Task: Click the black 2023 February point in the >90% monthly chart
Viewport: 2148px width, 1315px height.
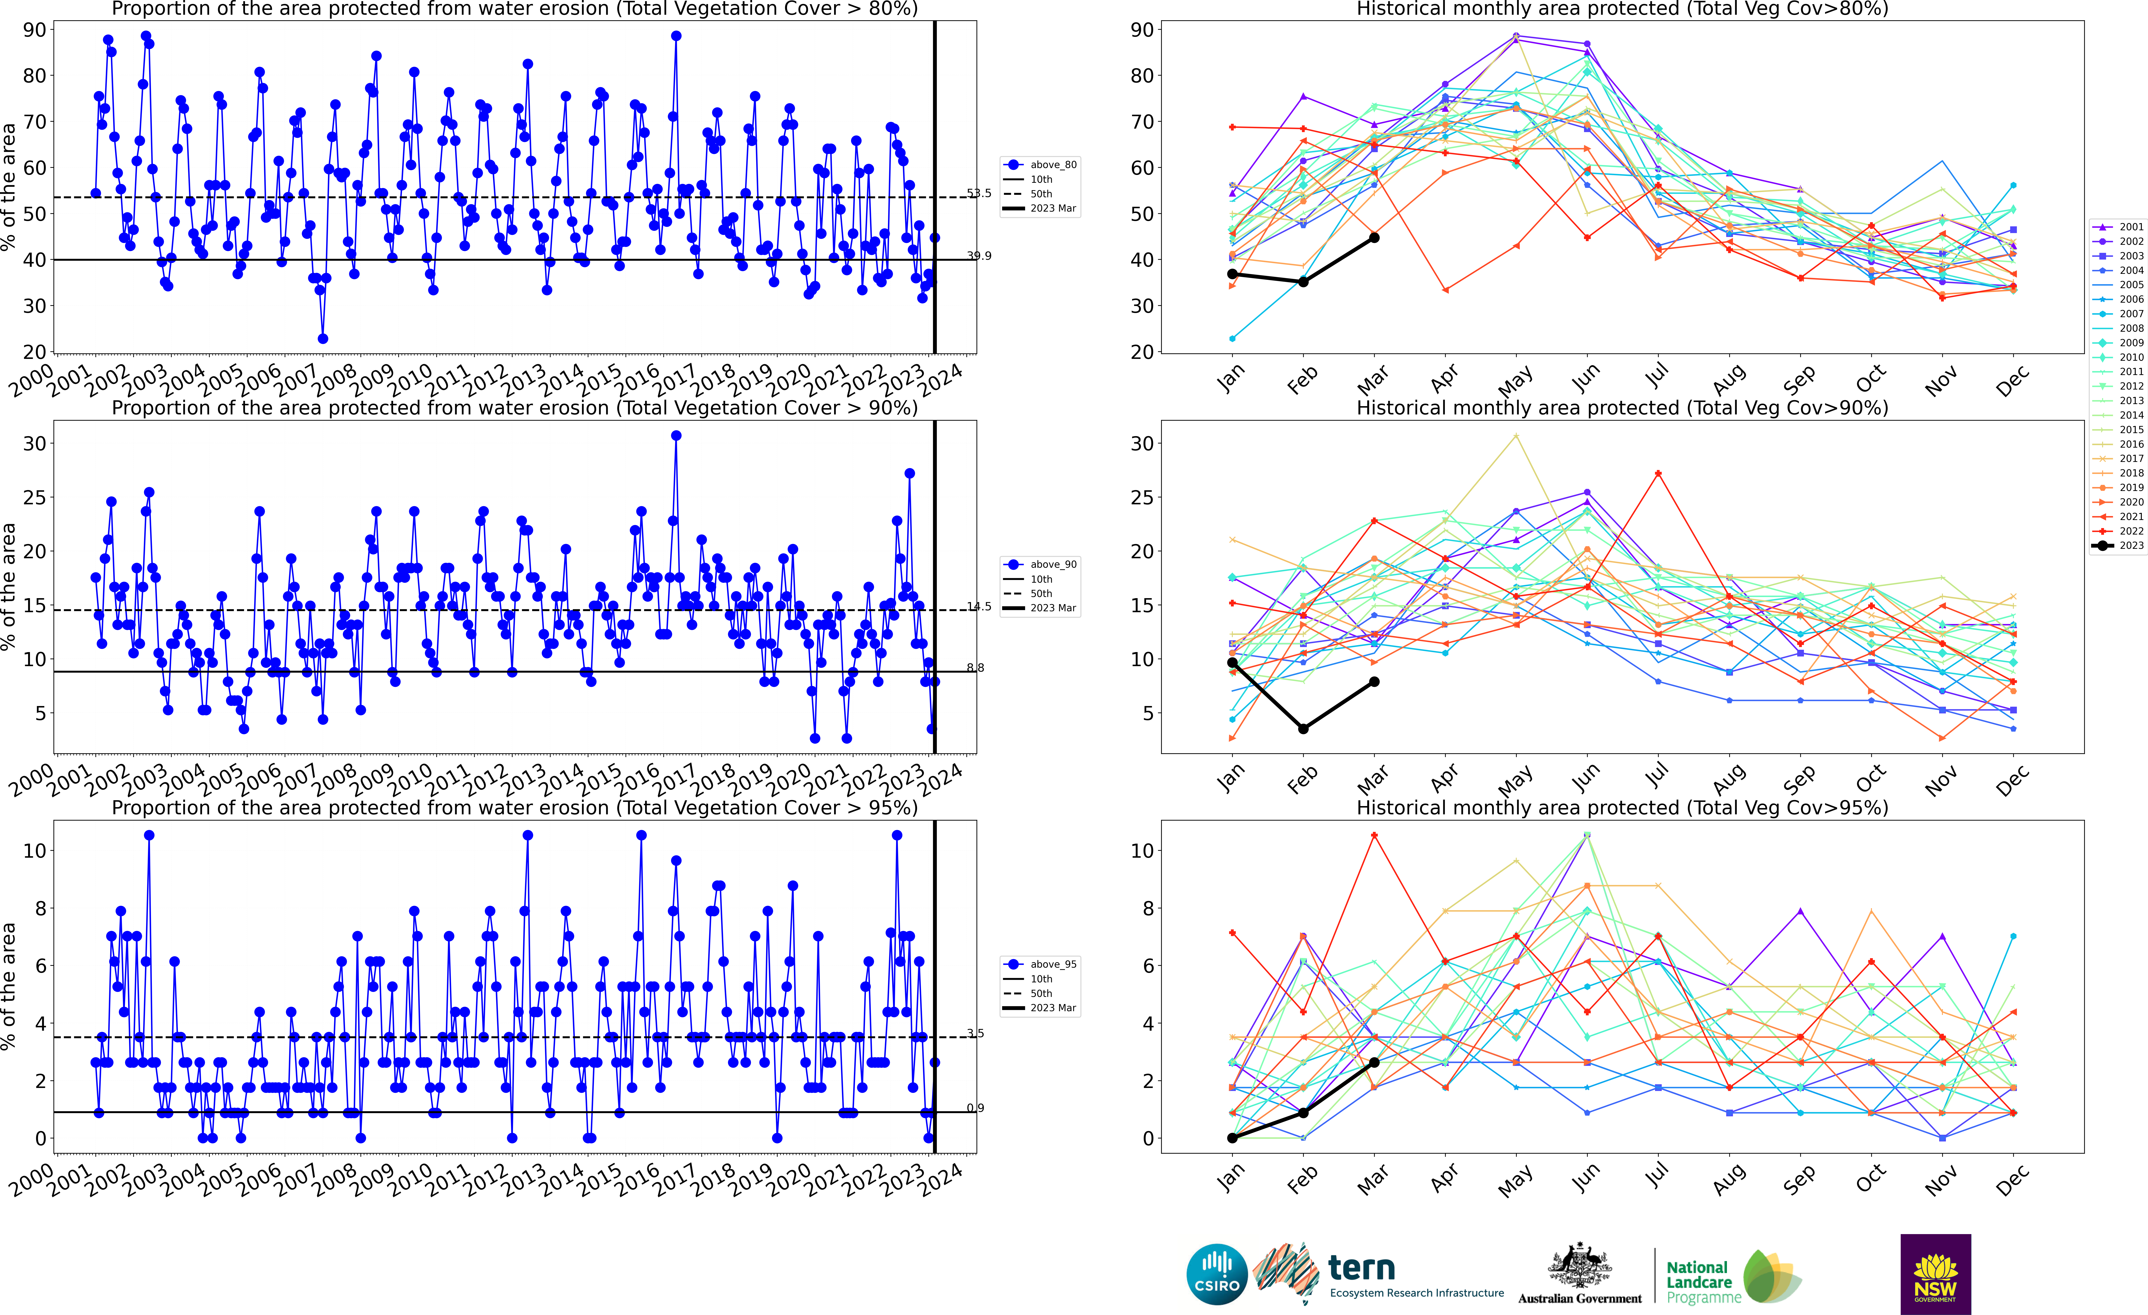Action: point(1303,729)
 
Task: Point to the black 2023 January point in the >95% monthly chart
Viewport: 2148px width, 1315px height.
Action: point(1232,1138)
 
